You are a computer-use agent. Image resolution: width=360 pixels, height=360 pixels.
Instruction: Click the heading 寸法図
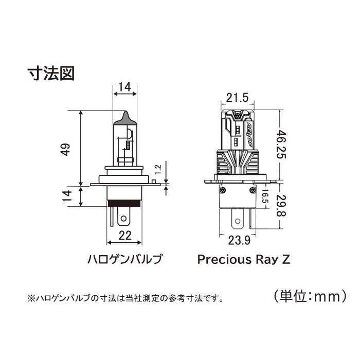tap(51, 74)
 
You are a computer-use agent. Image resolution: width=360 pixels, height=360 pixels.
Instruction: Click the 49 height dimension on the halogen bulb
tap(66, 150)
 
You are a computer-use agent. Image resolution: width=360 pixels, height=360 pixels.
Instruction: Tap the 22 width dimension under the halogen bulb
tap(125, 236)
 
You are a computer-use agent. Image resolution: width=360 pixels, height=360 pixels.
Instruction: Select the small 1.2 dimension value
tap(158, 170)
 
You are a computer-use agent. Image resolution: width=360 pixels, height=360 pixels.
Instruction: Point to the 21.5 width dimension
tap(238, 98)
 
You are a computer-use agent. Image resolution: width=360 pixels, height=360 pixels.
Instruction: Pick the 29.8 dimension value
tap(281, 206)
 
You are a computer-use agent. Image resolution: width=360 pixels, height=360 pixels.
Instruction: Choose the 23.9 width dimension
tap(239, 241)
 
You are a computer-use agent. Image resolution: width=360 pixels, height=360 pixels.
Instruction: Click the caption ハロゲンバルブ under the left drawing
tap(125, 259)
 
